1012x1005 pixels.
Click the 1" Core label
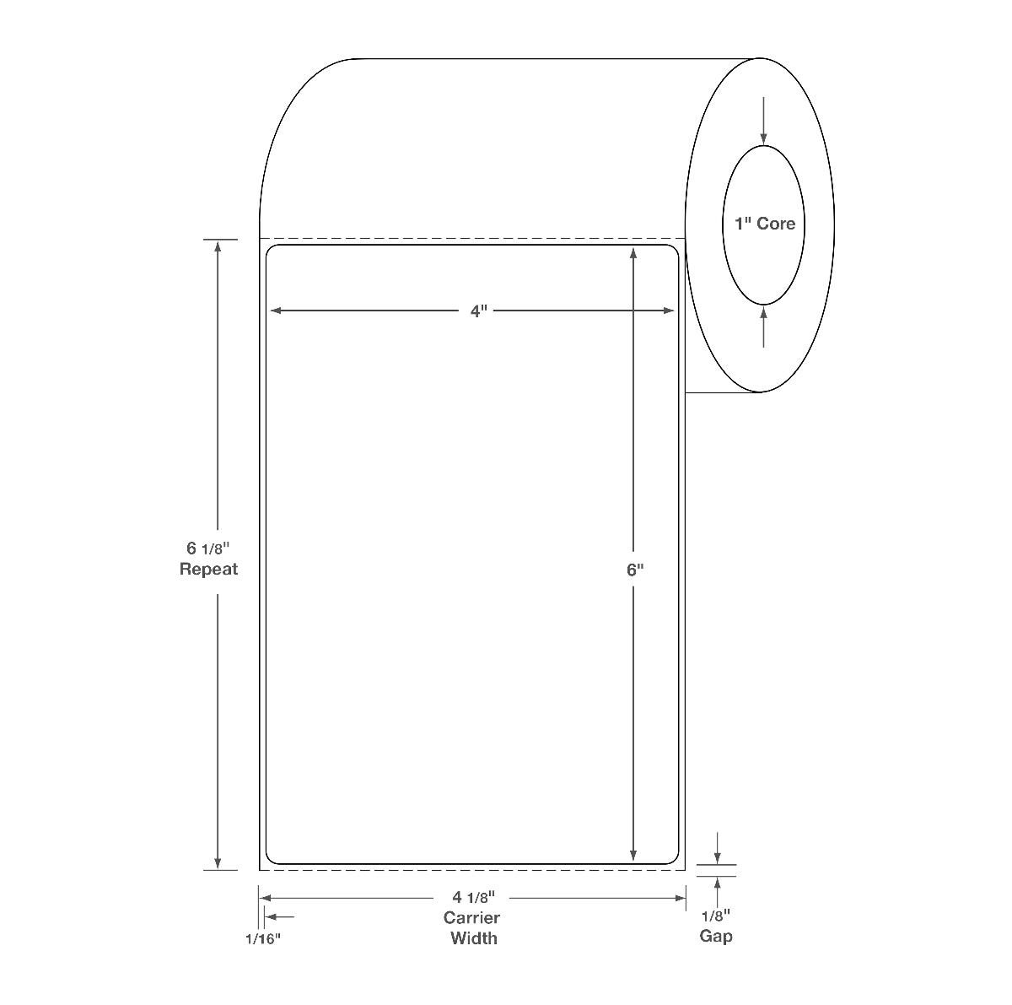(x=765, y=224)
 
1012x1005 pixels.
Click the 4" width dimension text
(x=478, y=311)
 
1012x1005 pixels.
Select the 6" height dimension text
(x=635, y=570)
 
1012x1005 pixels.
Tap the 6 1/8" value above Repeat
(x=208, y=548)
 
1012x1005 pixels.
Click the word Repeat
(x=208, y=569)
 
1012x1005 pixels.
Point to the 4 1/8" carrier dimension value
(x=474, y=897)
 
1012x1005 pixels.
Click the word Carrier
(x=471, y=917)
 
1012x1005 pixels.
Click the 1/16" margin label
(x=263, y=939)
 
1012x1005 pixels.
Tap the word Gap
(x=716, y=936)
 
